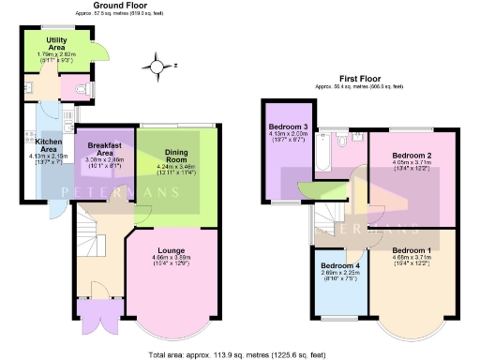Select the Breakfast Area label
coord(105,149)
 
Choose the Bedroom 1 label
coord(412,249)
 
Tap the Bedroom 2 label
coord(412,154)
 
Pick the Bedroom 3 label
coord(288,127)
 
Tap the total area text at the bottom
coord(240,354)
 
